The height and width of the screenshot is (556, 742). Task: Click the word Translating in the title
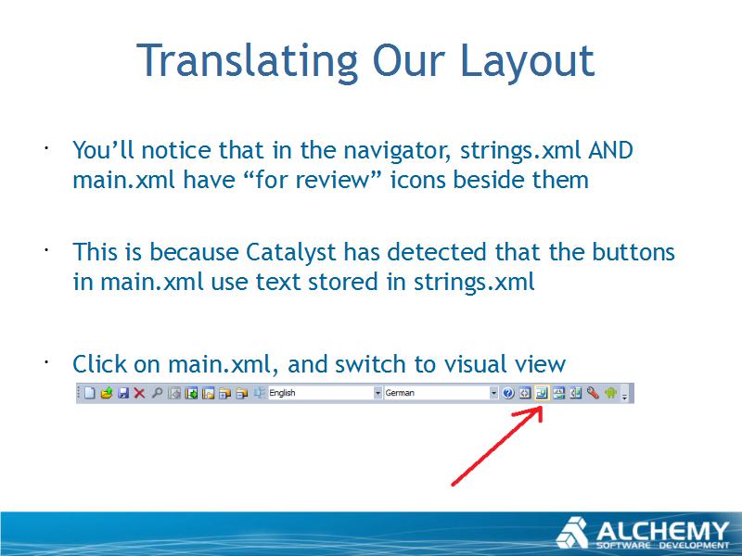(247, 60)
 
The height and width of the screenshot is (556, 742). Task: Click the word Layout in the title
(527, 60)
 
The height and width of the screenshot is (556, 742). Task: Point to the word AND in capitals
(610, 150)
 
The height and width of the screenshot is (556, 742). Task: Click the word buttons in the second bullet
(633, 251)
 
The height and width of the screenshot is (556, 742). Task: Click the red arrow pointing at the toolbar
(497, 448)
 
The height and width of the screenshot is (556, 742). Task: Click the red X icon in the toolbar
(139, 393)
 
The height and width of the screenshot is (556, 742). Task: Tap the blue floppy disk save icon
(123, 393)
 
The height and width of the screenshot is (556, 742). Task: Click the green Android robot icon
(610, 392)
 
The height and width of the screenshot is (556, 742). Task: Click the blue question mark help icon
(508, 393)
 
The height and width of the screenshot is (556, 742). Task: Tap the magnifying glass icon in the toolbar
(157, 393)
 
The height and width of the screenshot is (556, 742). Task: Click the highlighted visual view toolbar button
(542, 393)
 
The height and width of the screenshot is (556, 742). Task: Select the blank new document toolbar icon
(89, 393)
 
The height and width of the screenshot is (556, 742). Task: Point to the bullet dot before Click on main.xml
(46, 362)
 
